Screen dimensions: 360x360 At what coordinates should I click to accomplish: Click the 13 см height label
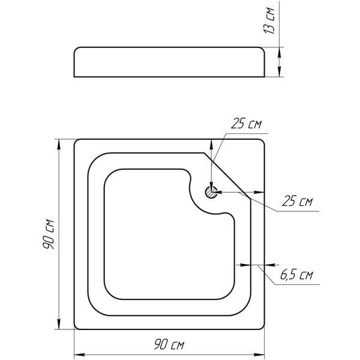269,20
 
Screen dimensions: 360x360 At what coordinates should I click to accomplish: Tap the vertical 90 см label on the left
49,234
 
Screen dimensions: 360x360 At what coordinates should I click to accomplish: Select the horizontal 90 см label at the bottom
169,344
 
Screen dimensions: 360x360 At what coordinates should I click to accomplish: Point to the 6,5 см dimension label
296,275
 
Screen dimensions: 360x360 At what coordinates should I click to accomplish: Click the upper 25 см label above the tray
246,124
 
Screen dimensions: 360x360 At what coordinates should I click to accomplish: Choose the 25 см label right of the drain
297,201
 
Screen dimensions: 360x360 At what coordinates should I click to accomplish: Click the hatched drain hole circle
211,192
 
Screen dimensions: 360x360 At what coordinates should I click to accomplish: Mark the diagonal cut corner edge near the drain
227,176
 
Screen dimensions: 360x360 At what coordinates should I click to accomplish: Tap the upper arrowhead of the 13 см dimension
279,52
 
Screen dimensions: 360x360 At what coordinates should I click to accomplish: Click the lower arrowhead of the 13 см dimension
279,71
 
